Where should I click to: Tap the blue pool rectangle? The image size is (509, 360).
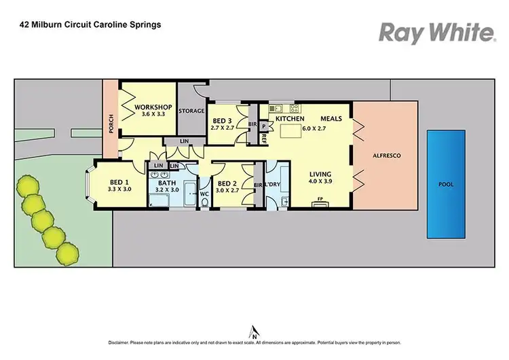(x=445, y=183)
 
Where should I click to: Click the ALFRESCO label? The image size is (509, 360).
(x=388, y=156)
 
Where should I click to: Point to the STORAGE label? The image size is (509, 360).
(x=191, y=111)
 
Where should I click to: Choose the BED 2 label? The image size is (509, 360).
(x=228, y=182)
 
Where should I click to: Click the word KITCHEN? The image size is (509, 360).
(x=288, y=119)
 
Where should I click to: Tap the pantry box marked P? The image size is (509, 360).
(x=263, y=126)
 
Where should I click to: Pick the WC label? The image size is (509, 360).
(x=205, y=194)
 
